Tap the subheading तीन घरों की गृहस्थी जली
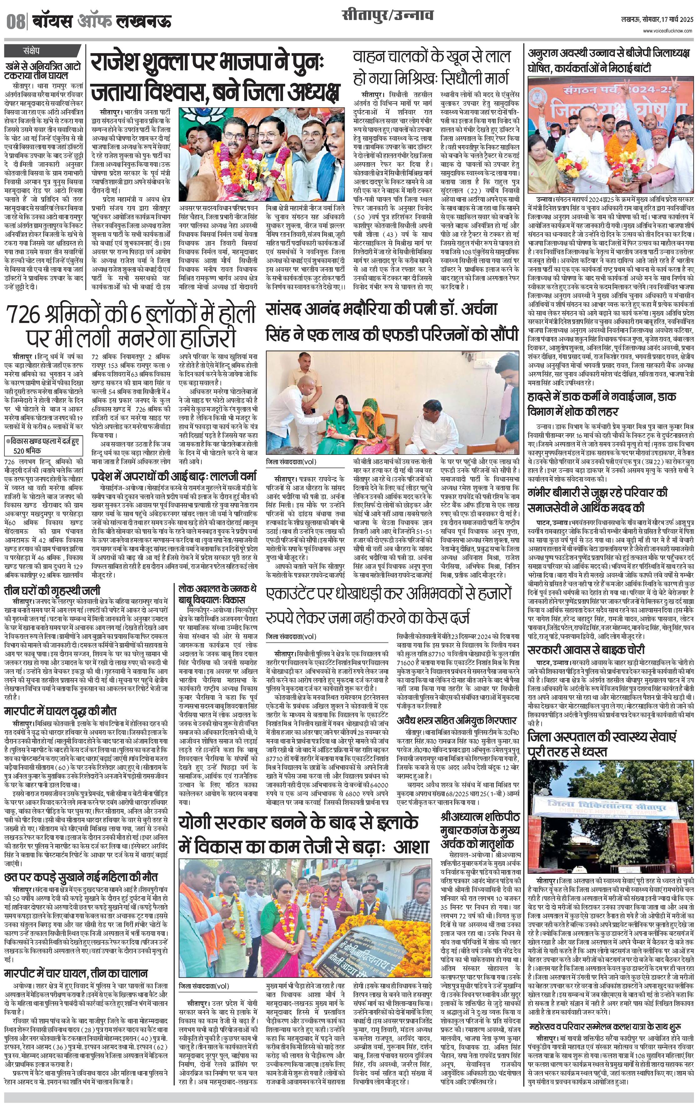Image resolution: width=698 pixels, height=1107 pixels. pos(53,591)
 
